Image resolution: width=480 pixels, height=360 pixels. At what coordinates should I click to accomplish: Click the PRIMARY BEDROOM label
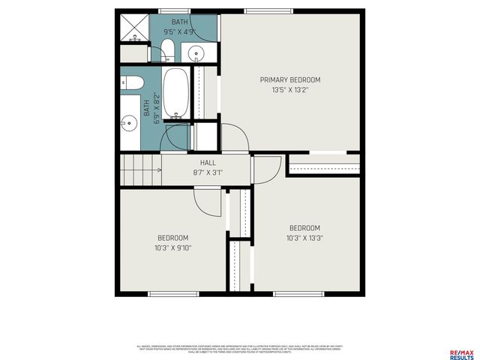(x=289, y=79)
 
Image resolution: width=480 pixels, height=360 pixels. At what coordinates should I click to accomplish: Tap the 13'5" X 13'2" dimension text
(x=289, y=90)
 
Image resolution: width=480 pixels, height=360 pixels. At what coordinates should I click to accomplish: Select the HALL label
(x=208, y=162)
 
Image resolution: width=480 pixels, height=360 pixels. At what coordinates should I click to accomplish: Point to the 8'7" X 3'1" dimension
(x=208, y=172)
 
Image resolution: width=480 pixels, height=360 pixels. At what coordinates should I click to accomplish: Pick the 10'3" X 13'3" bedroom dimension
(x=304, y=238)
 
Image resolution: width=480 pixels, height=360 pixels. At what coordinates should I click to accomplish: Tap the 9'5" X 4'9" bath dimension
(x=180, y=32)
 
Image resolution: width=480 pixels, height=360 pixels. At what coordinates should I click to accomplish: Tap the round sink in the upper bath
(x=196, y=52)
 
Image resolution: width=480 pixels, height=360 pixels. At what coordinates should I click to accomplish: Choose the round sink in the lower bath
(x=129, y=123)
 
